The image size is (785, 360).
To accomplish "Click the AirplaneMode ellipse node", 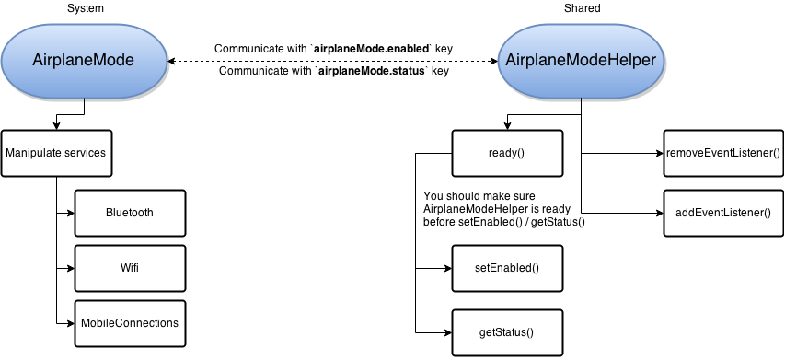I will tap(84, 61).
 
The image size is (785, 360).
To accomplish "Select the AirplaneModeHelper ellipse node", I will tap(581, 61).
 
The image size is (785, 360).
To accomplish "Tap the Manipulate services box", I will tap(56, 153).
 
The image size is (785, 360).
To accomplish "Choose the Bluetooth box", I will tap(130, 213).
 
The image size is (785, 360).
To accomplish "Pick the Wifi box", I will tap(130, 268).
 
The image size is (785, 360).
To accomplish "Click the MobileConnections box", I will tap(130, 323).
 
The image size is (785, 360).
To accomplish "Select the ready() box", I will tap(507, 153).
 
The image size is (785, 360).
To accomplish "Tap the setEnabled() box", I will tap(507, 268).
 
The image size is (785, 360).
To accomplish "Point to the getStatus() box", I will tap(507, 332).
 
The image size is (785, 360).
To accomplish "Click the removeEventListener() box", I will tap(722, 153).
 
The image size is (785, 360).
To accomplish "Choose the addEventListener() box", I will tap(722, 213).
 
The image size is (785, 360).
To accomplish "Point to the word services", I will tap(86, 153).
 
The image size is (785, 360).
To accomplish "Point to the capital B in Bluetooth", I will tap(110, 213).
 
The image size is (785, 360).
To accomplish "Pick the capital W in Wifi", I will tap(123, 268).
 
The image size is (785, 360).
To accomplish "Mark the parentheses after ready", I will tap(519, 153).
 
